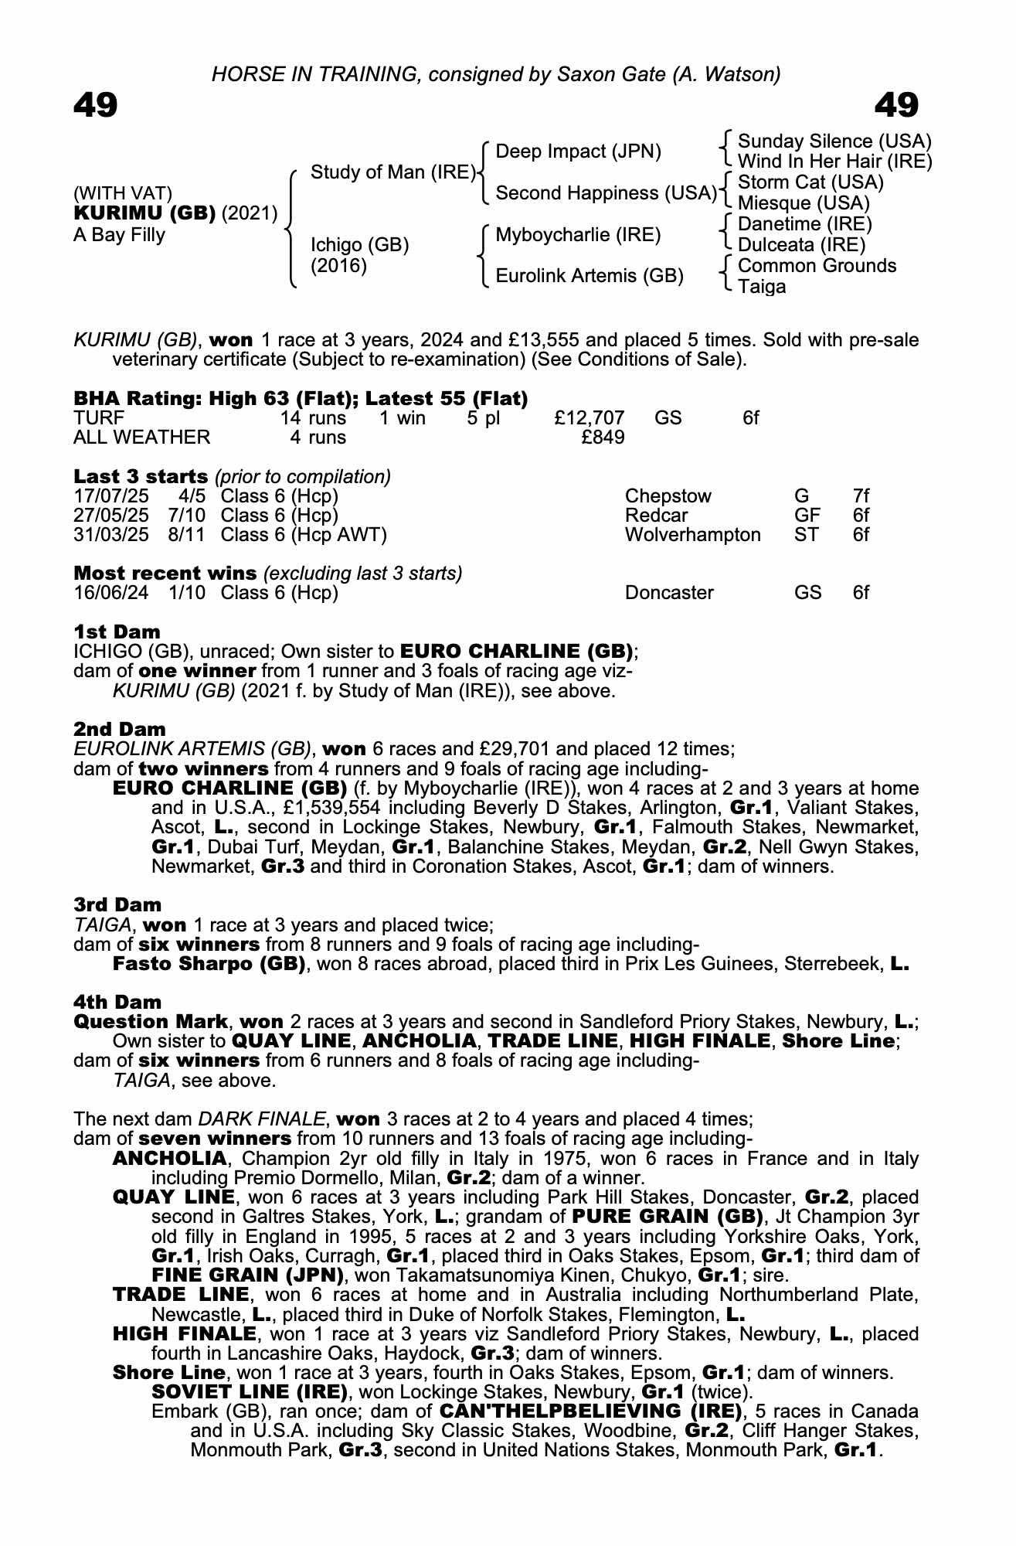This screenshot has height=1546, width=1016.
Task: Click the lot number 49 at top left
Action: point(96,105)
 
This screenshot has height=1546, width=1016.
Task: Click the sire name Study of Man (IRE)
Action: point(393,172)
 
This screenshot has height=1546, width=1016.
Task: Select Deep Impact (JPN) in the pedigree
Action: point(578,152)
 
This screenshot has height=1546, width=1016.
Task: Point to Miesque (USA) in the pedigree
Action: point(804,203)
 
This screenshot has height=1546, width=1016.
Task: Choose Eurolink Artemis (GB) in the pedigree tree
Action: point(589,276)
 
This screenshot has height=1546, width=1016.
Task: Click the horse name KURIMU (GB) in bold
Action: point(144,213)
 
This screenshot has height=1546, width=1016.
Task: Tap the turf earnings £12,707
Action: point(590,418)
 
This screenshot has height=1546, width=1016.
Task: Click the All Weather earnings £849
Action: point(603,438)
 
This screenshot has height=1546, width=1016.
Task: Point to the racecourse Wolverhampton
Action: point(692,535)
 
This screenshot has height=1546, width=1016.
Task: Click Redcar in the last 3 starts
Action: point(656,516)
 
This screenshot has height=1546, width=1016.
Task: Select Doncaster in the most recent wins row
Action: point(669,593)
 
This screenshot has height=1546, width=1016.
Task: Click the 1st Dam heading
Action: point(117,632)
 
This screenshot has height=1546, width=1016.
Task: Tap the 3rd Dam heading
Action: point(117,904)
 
